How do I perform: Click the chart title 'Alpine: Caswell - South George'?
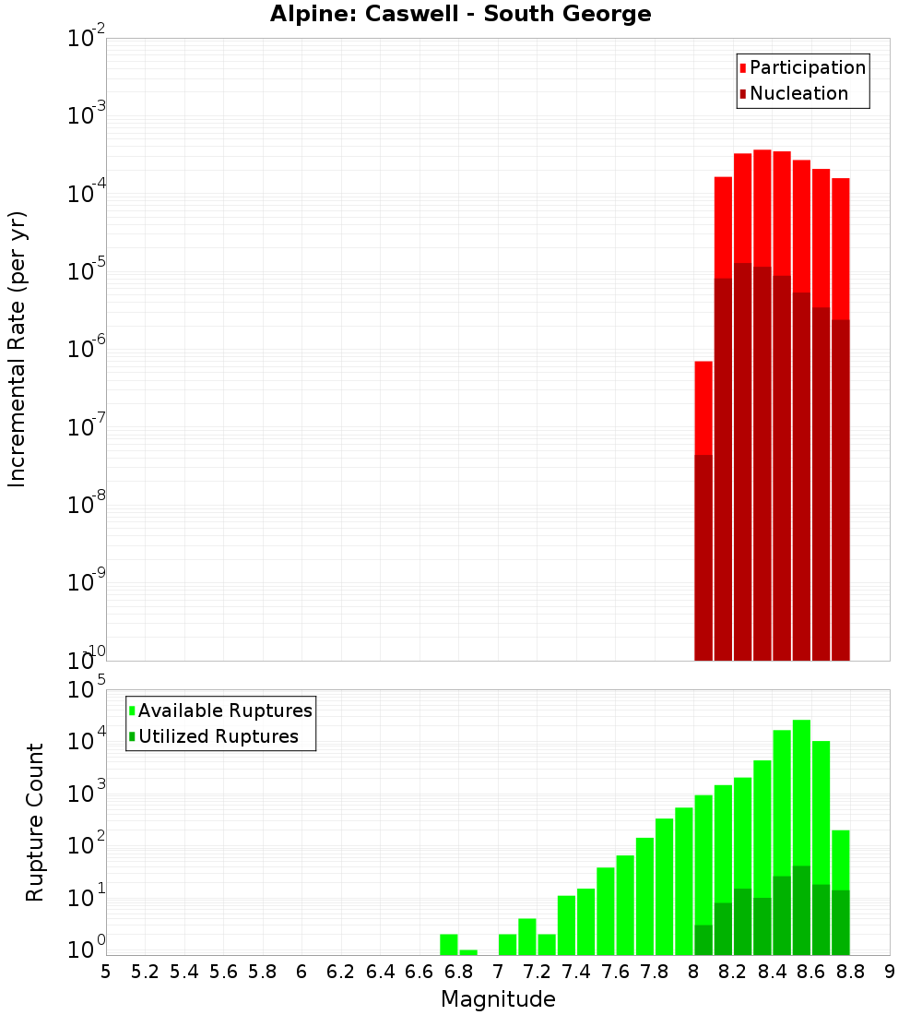tap(460, 15)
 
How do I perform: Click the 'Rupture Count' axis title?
tap(35, 821)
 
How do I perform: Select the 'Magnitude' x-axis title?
tap(498, 999)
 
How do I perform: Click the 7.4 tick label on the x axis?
tap(576, 972)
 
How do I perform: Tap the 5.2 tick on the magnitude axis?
tap(146, 972)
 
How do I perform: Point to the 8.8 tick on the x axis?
tap(850, 972)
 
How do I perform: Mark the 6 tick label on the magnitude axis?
tap(301, 972)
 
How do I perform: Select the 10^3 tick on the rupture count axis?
tap(88, 793)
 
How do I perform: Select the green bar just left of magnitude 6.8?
tap(449, 945)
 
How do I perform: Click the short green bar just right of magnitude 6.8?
tap(468, 952)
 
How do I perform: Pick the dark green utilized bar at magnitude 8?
tap(703, 939)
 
